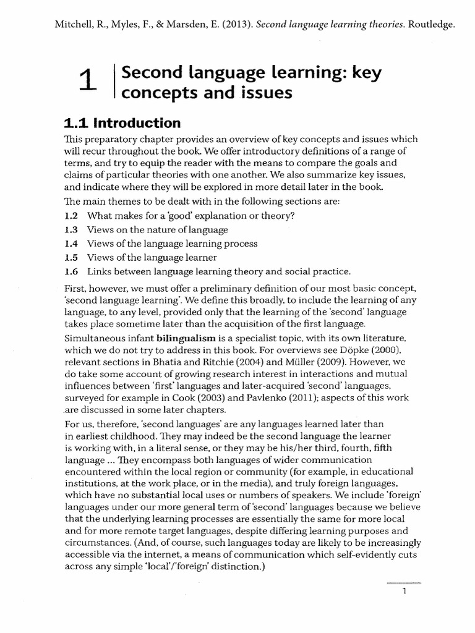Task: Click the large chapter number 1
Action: tap(89, 82)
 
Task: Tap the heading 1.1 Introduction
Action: tap(122, 122)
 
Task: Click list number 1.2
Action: tap(71, 216)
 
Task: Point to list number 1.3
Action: tap(71, 229)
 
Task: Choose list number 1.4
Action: tap(71, 244)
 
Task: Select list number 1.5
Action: tap(71, 257)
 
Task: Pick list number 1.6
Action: tap(71, 271)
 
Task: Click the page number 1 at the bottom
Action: tap(403, 592)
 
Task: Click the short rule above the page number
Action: tap(403, 582)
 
